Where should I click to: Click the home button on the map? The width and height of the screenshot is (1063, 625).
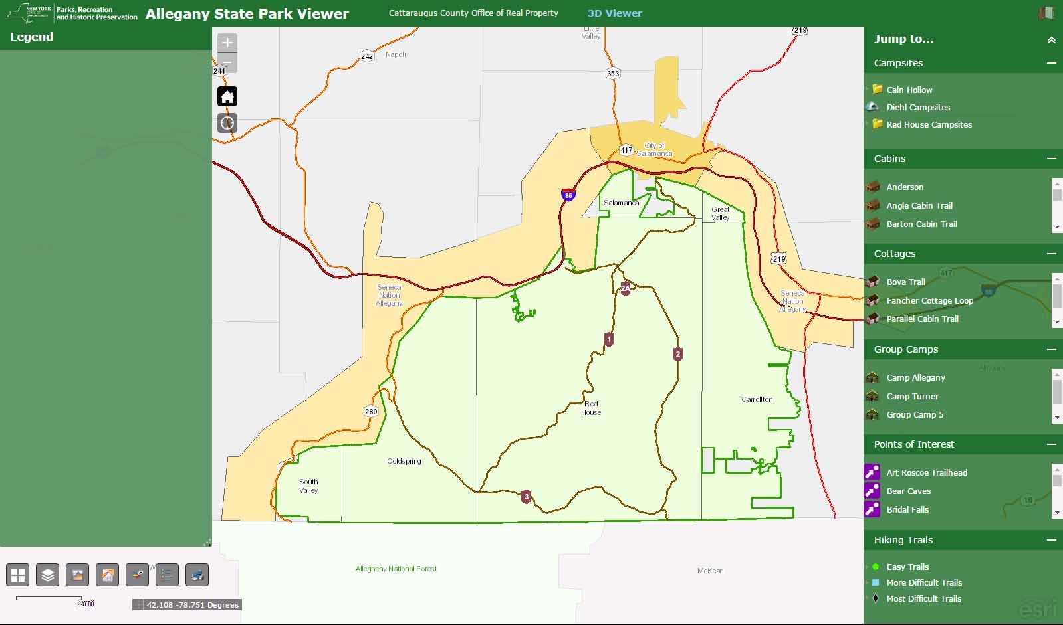coord(227,97)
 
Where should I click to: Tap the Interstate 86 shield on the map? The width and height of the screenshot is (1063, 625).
coord(568,194)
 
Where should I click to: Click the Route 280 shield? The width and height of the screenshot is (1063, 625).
coord(371,412)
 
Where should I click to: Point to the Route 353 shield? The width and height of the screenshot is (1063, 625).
coord(613,74)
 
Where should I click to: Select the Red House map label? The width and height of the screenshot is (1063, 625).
coord(591,408)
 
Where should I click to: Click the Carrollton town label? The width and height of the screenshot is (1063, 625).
coord(757,399)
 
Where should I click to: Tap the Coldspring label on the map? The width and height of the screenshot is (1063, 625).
coord(404,461)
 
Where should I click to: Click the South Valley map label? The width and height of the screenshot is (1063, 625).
coord(308,486)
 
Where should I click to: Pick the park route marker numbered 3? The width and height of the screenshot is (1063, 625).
coord(527,497)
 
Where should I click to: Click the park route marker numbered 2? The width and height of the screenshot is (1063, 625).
coord(678,354)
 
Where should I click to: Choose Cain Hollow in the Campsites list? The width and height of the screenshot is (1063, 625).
coord(909,90)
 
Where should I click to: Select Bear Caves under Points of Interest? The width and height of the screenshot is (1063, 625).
coord(908,491)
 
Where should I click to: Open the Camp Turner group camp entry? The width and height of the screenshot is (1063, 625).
coord(912,396)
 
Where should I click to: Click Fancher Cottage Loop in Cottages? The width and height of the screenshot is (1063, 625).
coord(929,300)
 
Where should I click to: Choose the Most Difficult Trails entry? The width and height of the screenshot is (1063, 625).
coord(923,598)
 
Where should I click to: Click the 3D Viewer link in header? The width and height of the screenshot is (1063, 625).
coord(614,13)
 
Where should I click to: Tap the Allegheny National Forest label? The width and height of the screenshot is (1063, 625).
coord(396,569)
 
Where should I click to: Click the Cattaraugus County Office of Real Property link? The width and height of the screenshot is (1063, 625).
coord(473,13)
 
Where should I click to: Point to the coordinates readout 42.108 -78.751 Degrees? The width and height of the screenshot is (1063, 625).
coord(192,605)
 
